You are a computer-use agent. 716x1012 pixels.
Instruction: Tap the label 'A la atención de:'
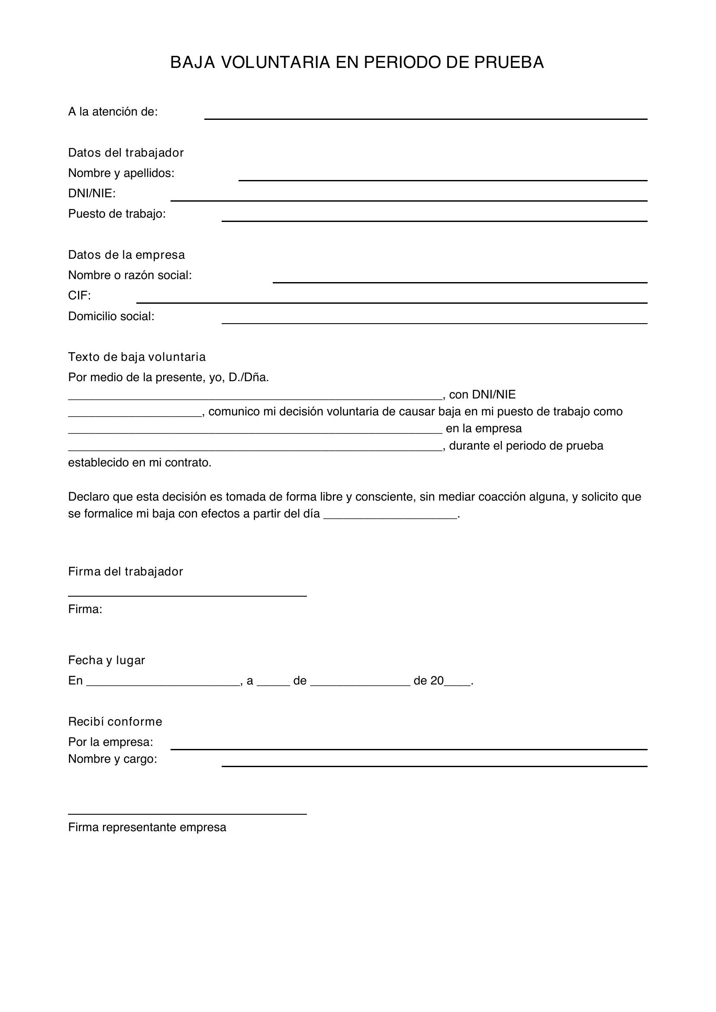click(113, 112)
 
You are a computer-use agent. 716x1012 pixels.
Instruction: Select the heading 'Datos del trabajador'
click(126, 152)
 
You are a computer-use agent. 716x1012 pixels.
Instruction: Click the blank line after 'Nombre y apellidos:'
click(443, 180)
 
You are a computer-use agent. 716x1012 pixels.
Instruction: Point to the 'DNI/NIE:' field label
click(92, 193)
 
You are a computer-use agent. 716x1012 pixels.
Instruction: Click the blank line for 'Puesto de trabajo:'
click(434, 220)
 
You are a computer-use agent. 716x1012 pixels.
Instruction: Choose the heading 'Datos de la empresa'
click(126, 255)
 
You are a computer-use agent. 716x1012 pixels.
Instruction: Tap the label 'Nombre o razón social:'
click(130, 275)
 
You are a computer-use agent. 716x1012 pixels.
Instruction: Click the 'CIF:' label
click(79, 296)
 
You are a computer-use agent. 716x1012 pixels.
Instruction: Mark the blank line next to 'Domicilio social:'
click(434, 323)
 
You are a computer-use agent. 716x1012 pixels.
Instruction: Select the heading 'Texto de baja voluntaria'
click(137, 357)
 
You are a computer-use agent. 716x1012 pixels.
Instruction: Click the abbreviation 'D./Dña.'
click(248, 378)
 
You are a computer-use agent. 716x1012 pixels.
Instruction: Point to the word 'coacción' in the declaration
click(499, 497)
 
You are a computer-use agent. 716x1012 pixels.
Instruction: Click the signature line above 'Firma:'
click(187, 595)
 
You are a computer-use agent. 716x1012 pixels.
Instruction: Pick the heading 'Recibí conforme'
click(115, 722)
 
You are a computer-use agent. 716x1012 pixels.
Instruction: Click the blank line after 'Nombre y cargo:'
click(434, 766)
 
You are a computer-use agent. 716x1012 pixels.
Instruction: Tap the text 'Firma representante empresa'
click(147, 827)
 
